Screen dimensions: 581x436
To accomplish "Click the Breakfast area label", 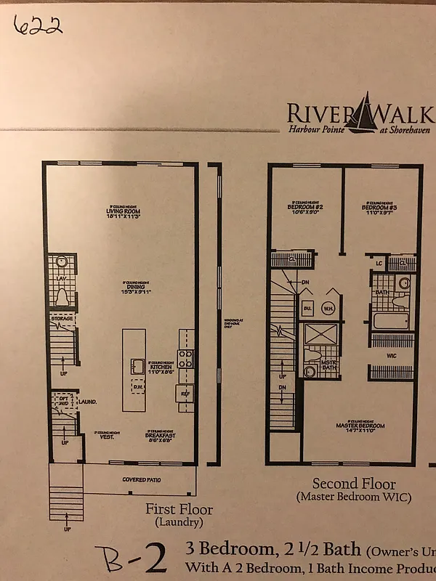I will coord(161,437).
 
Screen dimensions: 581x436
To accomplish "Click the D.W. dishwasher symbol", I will coord(137,386).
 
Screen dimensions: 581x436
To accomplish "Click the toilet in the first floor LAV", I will coord(62,297).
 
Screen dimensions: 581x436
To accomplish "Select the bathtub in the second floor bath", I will coord(392,320).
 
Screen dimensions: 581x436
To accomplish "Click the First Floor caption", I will coord(179,509).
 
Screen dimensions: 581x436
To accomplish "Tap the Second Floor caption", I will coord(354,484).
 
